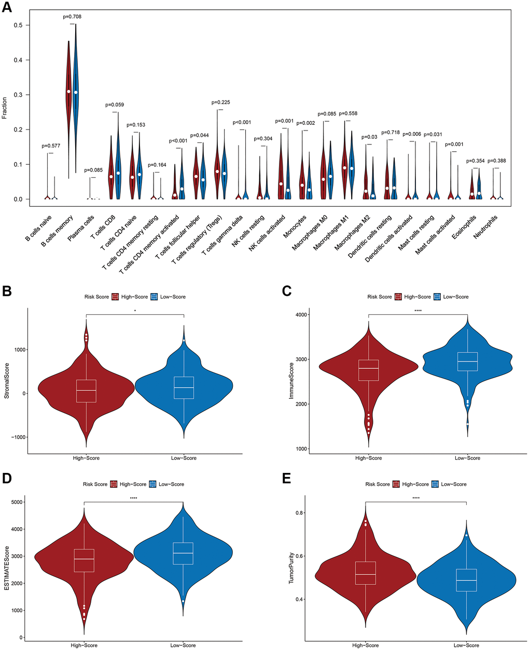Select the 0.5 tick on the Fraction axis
[19, 25]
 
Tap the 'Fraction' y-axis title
[5, 107]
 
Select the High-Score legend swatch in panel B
[116, 297]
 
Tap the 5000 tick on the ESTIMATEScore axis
[18, 502]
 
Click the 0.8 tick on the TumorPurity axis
[299, 513]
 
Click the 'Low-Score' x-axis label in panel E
[466, 645]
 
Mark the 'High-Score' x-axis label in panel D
[84, 645]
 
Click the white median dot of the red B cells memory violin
[68, 91]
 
